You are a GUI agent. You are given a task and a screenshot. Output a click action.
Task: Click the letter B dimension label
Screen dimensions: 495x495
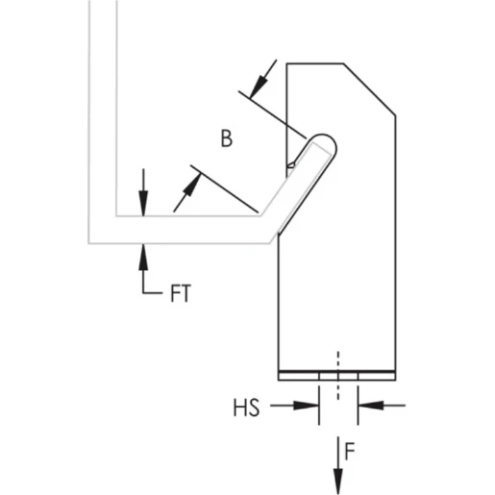227,139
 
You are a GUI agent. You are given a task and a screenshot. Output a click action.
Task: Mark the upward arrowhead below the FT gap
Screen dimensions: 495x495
143,252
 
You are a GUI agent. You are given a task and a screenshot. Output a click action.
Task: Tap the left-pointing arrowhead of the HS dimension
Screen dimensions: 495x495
365,407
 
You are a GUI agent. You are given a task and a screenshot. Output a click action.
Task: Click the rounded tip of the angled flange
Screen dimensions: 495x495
326,141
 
